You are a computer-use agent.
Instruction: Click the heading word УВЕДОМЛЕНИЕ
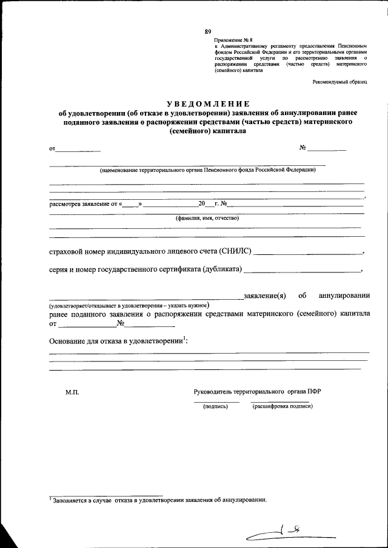pyautogui.click(x=208, y=104)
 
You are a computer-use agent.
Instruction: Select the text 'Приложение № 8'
pyautogui.click(x=234, y=40)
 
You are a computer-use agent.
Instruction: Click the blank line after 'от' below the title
pyautogui.click(x=79, y=149)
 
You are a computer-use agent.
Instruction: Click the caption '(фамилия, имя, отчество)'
pyautogui.click(x=207, y=218)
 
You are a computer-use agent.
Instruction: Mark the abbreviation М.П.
pyautogui.click(x=72, y=392)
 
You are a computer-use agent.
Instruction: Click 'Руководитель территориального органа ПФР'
pyautogui.click(x=257, y=391)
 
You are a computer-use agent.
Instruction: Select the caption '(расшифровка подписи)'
pyautogui.click(x=283, y=406)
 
